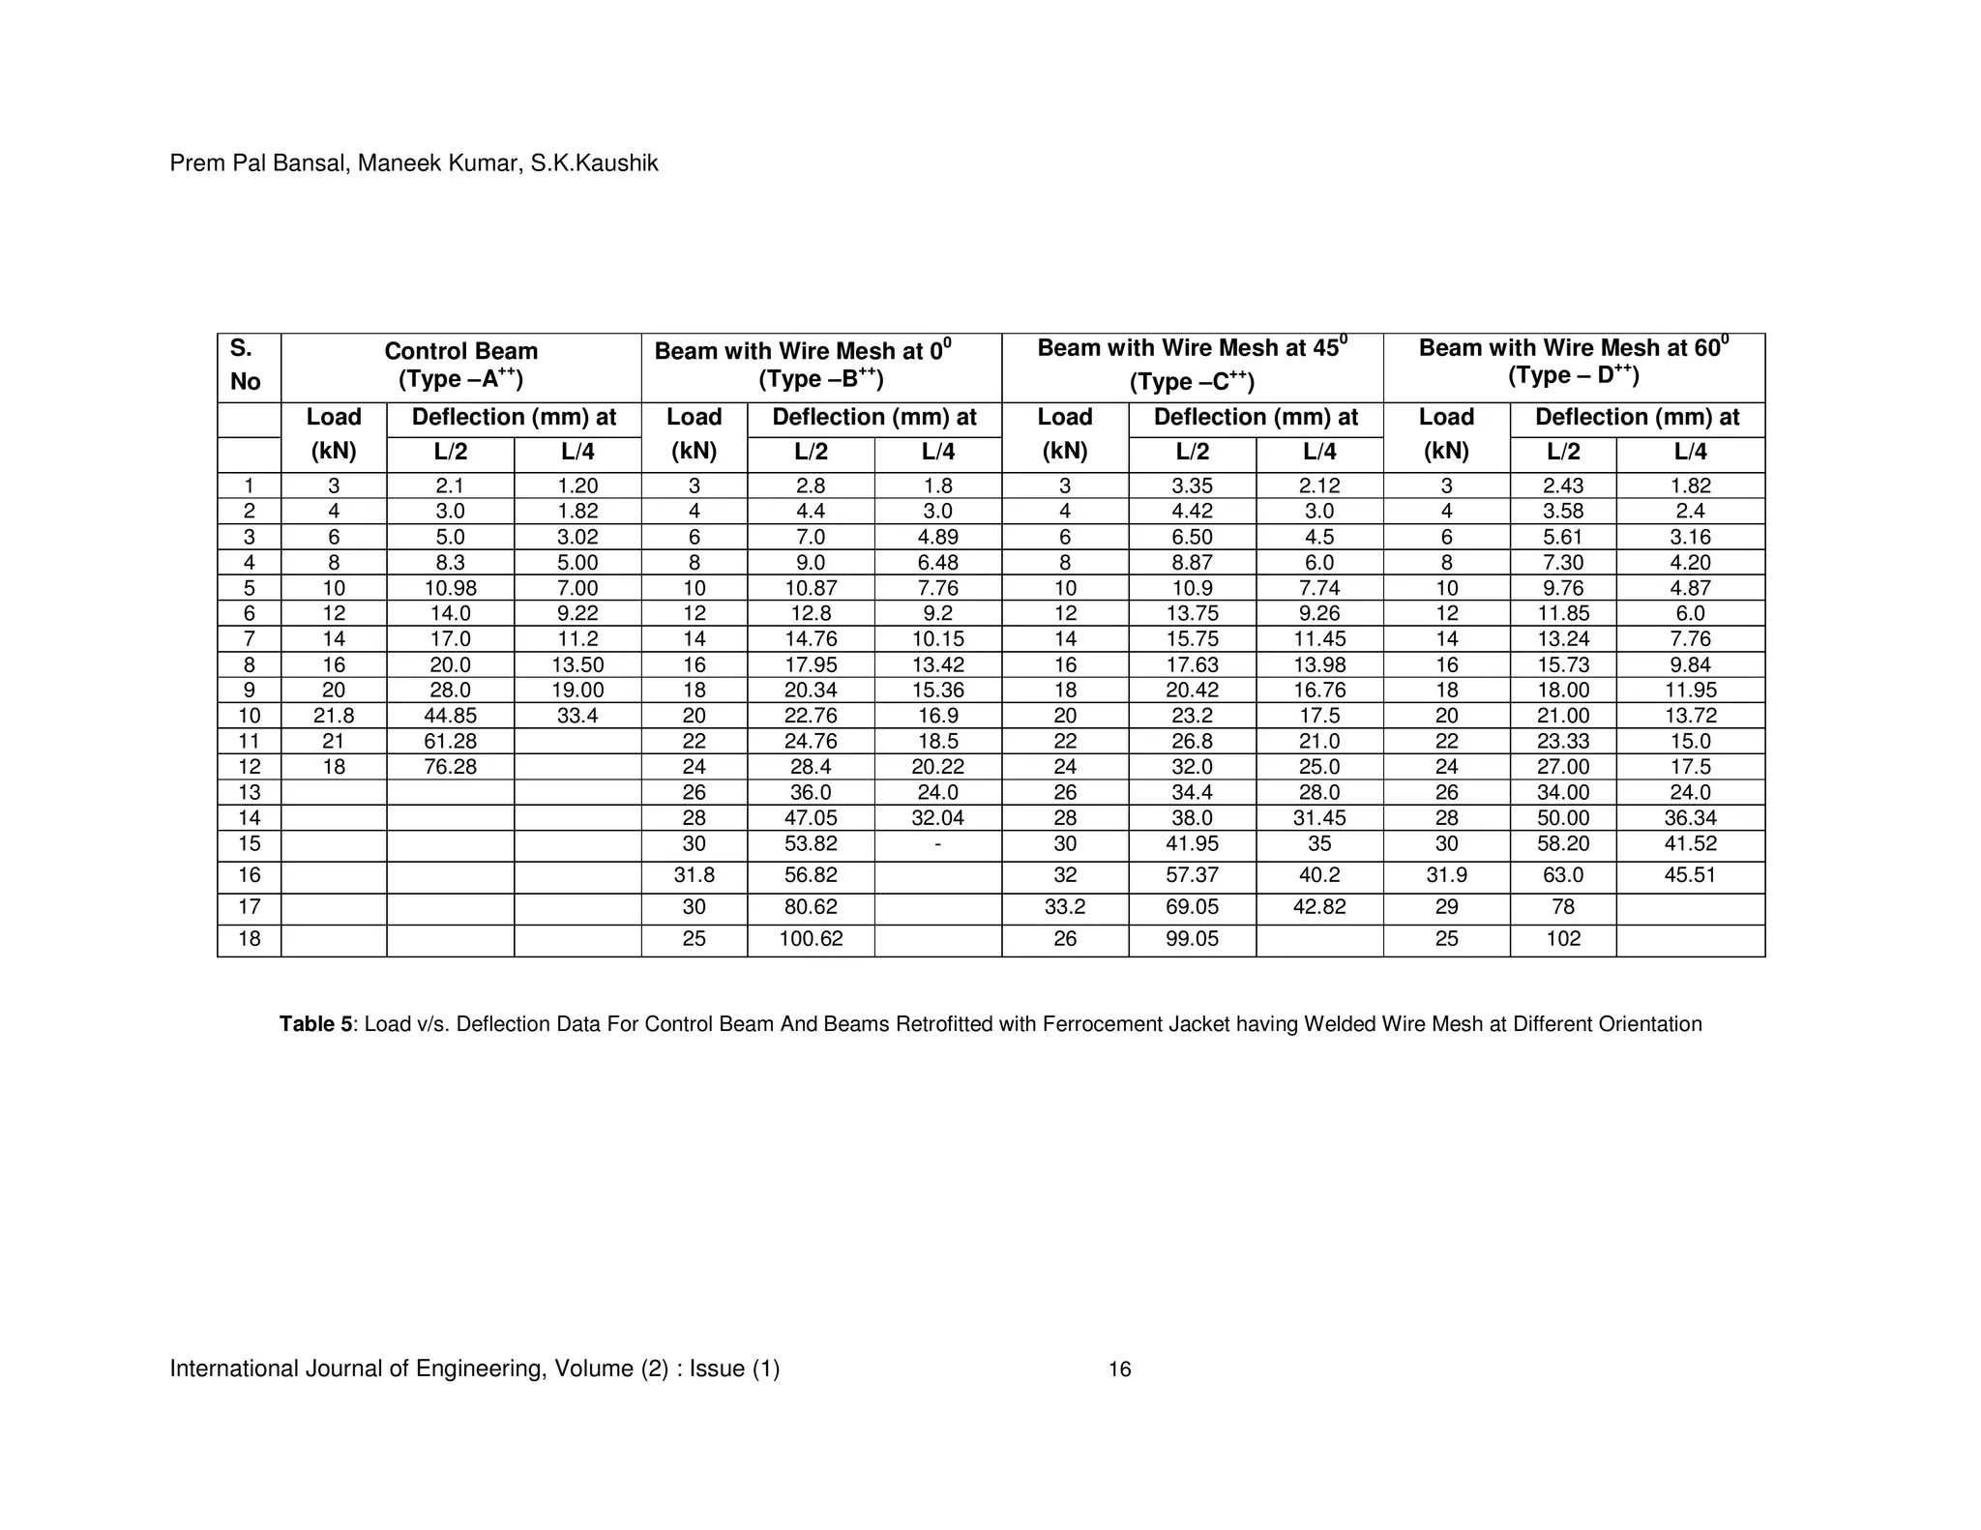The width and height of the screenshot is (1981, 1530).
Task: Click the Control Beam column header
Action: (460, 365)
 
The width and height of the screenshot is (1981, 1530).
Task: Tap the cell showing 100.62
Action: (811, 939)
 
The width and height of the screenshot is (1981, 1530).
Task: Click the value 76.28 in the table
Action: (450, 767)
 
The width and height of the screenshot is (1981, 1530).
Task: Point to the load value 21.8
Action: (334, 716)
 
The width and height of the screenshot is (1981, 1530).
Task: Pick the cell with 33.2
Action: (1064, 907)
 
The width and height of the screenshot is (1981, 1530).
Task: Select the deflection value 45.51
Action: (1690, 875)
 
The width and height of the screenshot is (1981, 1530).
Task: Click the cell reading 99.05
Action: (1192, 939)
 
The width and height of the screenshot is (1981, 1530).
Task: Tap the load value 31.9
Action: (1446, 875)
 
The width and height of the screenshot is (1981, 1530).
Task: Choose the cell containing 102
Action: (1563, 939)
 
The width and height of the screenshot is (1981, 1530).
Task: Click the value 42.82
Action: (1319, 907)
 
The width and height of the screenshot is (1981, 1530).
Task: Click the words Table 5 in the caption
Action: (315, 1024)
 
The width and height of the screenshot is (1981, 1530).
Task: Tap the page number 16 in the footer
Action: (1119, 1369)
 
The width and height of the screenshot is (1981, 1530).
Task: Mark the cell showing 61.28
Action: (450, 742)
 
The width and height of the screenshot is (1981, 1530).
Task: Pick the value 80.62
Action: (811, 907)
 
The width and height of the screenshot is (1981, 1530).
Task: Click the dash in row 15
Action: (937, 844)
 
